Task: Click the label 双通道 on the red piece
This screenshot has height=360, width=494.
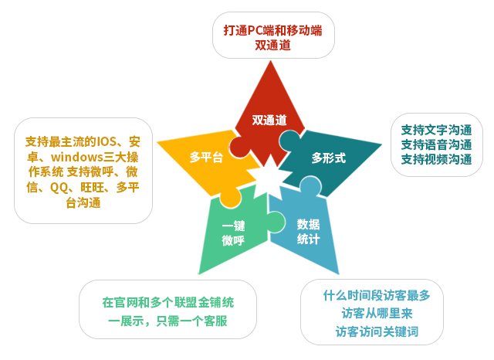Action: (x=269, y=120)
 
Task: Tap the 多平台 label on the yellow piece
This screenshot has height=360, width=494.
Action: (x=206, y=157)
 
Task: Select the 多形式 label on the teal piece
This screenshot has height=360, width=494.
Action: (x=329, y=158)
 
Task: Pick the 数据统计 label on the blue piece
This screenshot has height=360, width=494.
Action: (x=308, y=232)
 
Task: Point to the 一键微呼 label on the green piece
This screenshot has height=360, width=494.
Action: (x=233, y=233)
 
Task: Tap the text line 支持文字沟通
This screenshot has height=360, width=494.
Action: (x=436, y=130)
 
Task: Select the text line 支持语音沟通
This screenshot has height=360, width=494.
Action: (x=436, y=144)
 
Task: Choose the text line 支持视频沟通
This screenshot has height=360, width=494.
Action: (x=436, y=159)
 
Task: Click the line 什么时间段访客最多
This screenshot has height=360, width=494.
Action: (x=377, y=296)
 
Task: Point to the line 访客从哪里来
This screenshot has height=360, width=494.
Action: (x=377, y=314)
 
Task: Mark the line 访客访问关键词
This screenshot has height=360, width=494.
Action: (x=377, y=331)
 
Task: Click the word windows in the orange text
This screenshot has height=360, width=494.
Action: (x=77, y=157)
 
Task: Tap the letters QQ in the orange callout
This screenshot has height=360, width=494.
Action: (x=59, y=188)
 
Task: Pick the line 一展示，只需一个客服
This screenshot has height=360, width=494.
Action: (x=167, y=321)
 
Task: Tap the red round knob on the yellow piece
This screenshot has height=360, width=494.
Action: (x=239, y=148)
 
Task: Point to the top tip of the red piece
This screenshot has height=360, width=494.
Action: (x=270, y=61)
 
